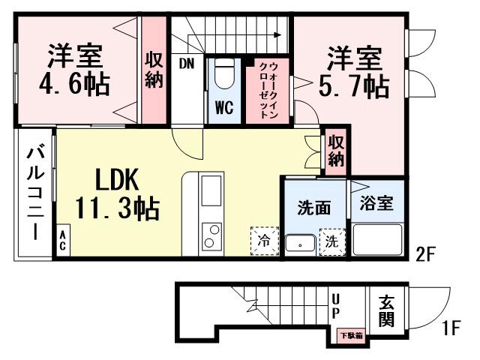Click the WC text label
[224, 107]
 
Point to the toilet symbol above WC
[224, 76]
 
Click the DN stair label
[186, 64]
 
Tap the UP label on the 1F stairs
[335, 305]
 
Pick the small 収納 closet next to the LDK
[335, 151]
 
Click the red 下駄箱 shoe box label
[349, 335]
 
